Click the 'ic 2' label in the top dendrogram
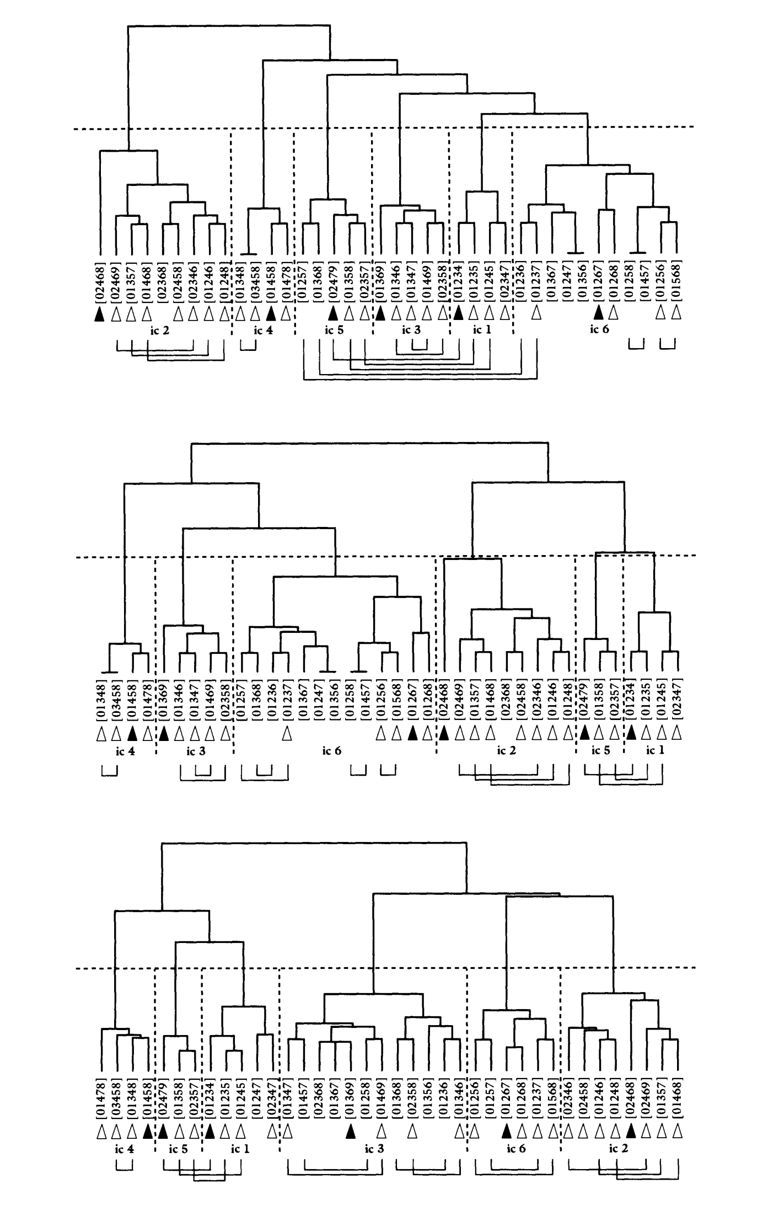(159, 331)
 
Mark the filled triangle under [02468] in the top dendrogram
(99, 314)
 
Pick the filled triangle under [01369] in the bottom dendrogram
(350, 1132)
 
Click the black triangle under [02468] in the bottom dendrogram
(632, 1132)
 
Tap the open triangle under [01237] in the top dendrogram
(536, 314)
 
